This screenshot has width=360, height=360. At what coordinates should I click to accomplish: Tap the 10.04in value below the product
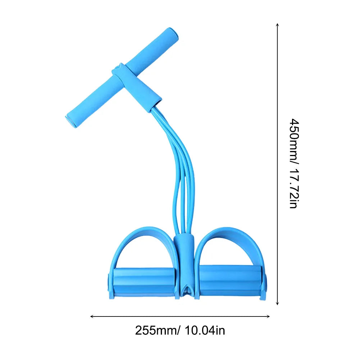205,331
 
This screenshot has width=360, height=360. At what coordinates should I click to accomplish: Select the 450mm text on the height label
294,140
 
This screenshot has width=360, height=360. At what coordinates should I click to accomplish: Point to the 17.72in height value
294,188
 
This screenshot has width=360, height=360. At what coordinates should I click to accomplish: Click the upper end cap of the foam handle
173,35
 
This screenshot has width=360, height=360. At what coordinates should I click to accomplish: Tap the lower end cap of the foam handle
71,120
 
